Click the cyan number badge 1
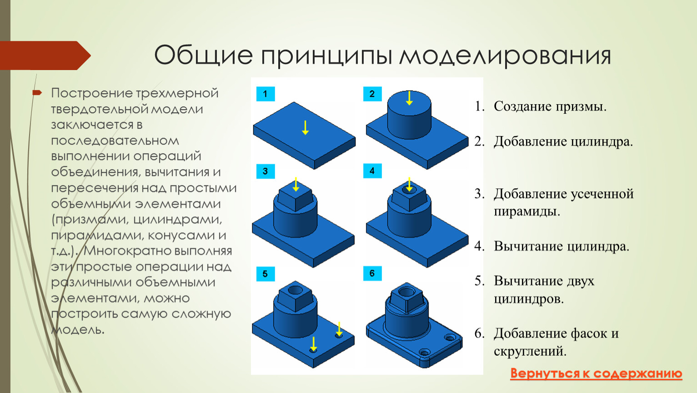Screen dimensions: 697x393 (x=266, y=94)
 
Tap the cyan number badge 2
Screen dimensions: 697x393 (x=372, y=94)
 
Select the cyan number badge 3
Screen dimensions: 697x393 (x=266, y=171)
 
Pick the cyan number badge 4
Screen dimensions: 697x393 (x=372, y=171)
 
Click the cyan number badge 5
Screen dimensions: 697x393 (x=266, y=274)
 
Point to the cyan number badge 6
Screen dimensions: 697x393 (x=372, y=273)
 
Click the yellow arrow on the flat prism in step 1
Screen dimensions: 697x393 (x=306, y=128)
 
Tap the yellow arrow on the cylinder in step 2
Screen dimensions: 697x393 (x=410, y=98)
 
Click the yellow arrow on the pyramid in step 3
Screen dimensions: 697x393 (x=296, y=184)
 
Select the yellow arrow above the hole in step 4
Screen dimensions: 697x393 (x=410, y=184)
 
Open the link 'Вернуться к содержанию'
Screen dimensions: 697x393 (x=596, y=373)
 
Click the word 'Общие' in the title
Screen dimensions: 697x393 (x=203, y=56)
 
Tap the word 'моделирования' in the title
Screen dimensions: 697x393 (x=505, y=56)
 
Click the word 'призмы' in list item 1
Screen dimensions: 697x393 (x=581, y=107)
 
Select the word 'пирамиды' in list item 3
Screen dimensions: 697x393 (x=527, y=212)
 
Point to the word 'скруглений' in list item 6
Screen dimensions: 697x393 (x=530, y=352)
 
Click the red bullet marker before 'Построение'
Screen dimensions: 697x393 (x=37, y=92)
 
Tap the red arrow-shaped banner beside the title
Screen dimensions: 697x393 (x=45, y=55)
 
